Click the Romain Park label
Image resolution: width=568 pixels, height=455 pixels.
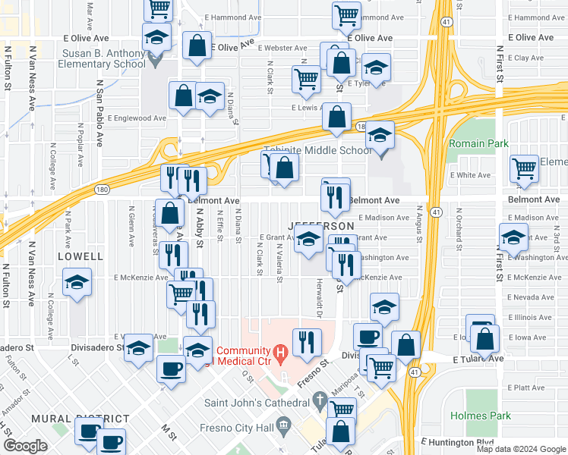tap(478, 143)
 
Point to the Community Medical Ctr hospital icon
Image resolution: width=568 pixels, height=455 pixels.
tap(279, 353)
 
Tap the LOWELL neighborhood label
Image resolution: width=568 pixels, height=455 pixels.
tap(80, 257)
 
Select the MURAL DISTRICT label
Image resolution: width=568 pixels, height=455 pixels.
tap(80, 419)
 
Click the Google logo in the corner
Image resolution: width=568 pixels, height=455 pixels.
tap(25, 446)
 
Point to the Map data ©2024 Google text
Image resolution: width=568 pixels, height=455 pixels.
tap(521, 449)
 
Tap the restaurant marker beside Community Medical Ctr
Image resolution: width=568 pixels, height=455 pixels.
tap(307, 342)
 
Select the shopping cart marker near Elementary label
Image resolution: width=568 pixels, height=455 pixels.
tap(524, 169)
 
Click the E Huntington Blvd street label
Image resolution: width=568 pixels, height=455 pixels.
tap(457, 441)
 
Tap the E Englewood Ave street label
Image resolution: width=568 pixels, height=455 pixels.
tap(137, 118)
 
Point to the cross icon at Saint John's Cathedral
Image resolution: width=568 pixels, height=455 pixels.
tap(321, 398)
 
